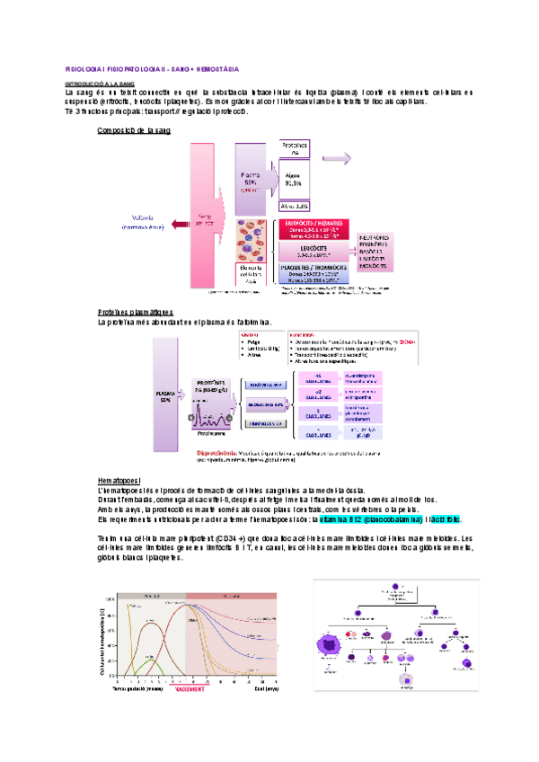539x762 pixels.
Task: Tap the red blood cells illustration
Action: point(256,238)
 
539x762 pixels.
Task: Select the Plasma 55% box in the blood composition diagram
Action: point(251,180)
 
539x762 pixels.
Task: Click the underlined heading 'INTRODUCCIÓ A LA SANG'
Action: point(102,83)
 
